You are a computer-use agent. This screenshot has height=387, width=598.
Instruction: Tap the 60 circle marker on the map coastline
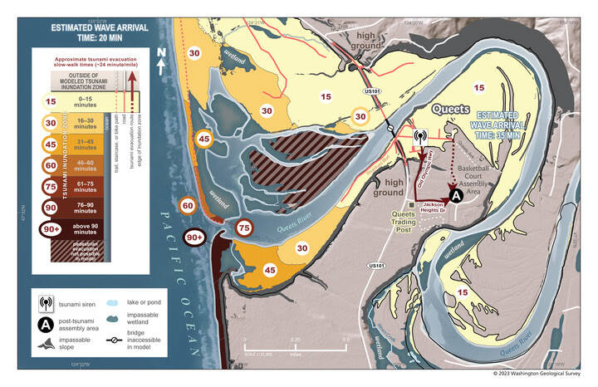[188, 204]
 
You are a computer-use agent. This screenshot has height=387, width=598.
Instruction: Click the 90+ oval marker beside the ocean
[194, 238]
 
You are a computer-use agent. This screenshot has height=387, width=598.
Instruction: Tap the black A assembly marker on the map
[456, 195]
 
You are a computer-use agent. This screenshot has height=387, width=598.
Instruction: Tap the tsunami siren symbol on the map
[420, 137]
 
